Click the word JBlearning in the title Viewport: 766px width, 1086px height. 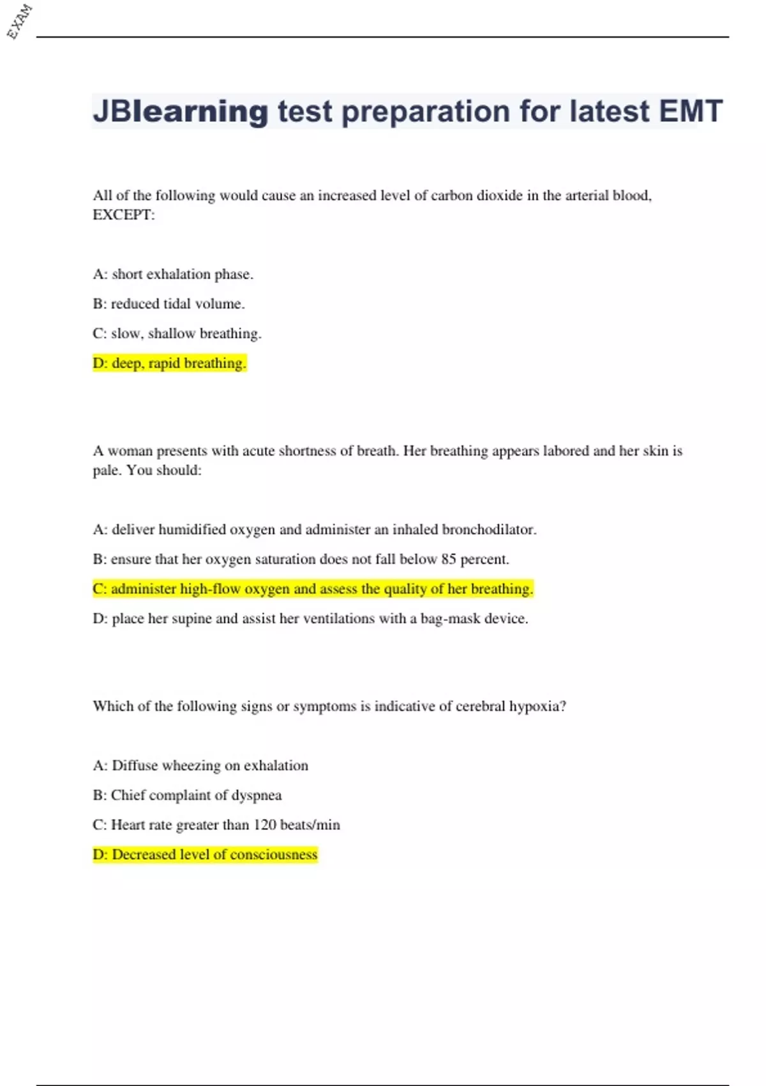[181, 112]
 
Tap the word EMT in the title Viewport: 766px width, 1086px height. [691, 111]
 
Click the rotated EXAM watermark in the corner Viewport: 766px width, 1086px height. [20, 21]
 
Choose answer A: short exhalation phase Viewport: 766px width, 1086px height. [173, 274]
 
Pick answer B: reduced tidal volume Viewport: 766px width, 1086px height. [169, 304]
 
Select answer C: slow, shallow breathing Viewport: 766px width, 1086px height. [177, 333]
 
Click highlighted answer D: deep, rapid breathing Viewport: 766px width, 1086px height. [169, 363]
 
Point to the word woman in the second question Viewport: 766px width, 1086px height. [130, 451]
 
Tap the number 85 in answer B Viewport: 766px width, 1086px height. [449, 560]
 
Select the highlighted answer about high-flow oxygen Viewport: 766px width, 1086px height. [313, 589]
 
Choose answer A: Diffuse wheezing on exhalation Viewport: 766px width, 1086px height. [200, 766]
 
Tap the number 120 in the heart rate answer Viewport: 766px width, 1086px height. [265, 825]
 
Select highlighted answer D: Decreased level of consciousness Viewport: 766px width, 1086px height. [205, 855]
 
